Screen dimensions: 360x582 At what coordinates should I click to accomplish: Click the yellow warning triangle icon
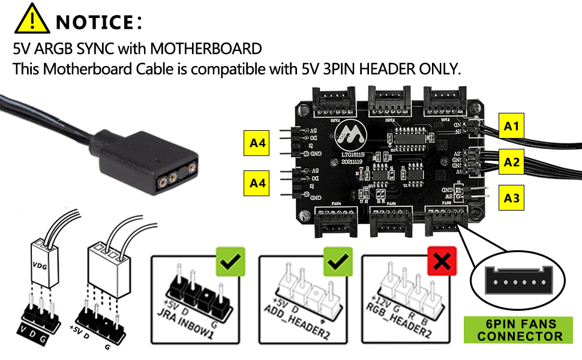(x=32, y=19)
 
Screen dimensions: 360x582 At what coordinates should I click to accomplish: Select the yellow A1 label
(x=512, y=126)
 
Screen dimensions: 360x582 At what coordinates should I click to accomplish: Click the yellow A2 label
(x=512, y=161)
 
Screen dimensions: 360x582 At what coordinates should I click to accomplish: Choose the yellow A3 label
(x=512, y=197)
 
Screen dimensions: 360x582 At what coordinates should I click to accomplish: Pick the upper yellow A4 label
(x=257, y=143)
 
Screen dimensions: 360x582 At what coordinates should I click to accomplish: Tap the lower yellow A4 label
(x=257, y=184)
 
